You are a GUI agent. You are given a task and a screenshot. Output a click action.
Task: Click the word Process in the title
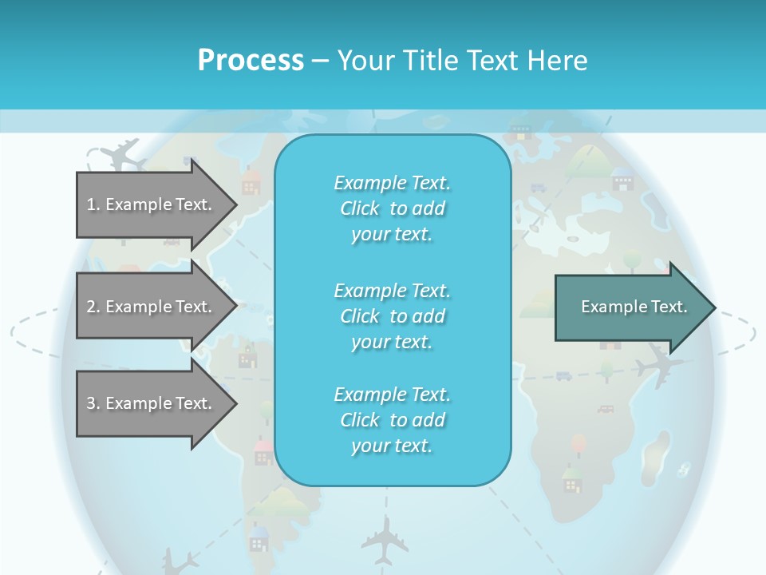coord(251,61)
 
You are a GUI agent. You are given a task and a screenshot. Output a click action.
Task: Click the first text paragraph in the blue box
coord(392,208)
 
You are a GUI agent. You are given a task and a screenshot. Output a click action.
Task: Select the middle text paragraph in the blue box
coord(392,315)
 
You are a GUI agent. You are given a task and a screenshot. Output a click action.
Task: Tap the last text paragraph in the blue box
coord(392,420)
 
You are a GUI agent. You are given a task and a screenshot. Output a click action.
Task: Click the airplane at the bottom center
coord(385,539)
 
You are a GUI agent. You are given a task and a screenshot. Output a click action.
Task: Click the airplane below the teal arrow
coord(658,364)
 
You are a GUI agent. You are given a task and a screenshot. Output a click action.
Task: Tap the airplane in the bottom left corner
coord(179,561)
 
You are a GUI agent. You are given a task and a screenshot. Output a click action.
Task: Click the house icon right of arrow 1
coord(251,182)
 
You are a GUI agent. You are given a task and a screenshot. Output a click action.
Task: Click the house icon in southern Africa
coord(571,479)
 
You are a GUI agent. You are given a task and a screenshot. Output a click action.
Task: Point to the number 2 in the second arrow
coord(90,307)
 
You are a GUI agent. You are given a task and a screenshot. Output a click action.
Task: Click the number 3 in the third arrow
coord(90,403)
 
